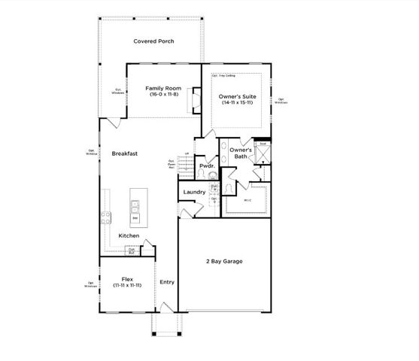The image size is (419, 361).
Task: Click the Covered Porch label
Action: pos(153,41)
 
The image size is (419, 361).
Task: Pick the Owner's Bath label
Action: pos(240,153)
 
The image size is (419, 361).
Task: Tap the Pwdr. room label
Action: pos(207,165)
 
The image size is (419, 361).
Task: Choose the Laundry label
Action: pos(194,193)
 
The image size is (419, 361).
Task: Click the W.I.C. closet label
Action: pos(247,201)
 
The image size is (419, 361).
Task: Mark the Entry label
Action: pos(167,282)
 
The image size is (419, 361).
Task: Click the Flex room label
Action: pos(126,278)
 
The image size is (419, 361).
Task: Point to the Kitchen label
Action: pos(129,235)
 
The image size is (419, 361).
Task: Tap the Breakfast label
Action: pos(124,153)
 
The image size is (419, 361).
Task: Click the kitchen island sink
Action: pos(137,202)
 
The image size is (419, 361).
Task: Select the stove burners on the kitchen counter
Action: pos(106,218)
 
